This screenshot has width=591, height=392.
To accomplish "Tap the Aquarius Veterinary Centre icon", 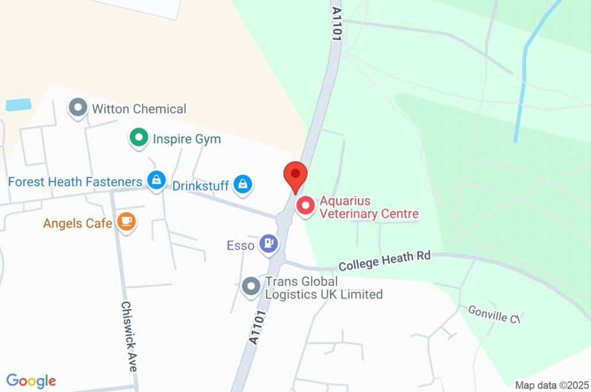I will pyautogui.click(x=305, y=206).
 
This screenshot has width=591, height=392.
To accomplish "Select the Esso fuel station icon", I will pyautogui.click(x=268, y=243).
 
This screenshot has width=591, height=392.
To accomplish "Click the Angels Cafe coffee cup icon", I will pyautogui.click(x=126, y=221).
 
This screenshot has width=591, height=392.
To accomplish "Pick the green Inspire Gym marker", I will pyautogui.click(x=138, y=138).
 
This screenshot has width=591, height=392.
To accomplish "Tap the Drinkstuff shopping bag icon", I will pyautogui.click(x=243, y=184).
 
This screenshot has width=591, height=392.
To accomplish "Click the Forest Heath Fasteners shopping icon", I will pyautogui.click(x=156, y=180).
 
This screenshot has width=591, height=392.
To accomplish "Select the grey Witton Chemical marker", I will pyautogui.click(x=77, y=108).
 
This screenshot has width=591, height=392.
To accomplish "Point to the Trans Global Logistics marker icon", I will pyautogui.click(x=251, y=286).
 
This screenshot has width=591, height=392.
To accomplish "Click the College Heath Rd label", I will pyautogui.click(x=384, y=261).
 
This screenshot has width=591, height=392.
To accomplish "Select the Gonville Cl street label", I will pyautogui.click(x=495, y=315).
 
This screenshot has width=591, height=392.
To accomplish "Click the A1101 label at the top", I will pyautogui.click(x=336, y=23).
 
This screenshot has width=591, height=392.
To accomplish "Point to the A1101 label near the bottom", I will pyautogui.click(x=258, y=328).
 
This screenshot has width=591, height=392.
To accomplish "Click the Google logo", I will pyautogui.click(x=31, y=381).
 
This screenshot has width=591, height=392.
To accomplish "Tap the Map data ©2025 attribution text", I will pyautogui.click(x=551, y=385).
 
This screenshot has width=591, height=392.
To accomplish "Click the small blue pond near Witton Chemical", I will pyautogui.click(x=18, y=105).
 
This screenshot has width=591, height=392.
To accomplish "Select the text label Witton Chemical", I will pyautogui.click(x=139, y=109).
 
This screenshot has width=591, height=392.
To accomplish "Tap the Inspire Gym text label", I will pyautogui.click(x=186, y=139).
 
